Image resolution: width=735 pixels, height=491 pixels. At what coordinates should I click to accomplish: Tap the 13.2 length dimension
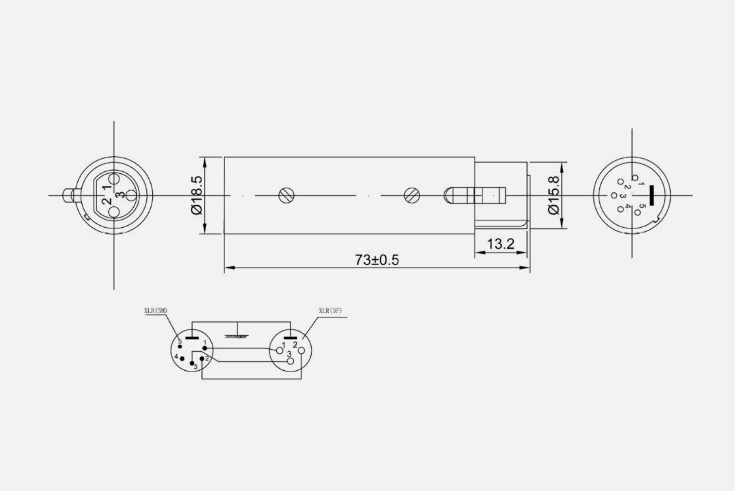(x=500, y=244)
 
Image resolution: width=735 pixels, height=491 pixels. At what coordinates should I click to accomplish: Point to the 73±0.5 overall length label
(x=377, y=260)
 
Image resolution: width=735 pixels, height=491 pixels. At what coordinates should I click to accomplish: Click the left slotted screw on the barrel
(x=286, y=195)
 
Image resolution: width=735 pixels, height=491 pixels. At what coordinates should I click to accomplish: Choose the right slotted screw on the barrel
(x=412, y=195)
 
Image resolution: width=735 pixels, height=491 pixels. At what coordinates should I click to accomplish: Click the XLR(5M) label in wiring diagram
(x=156, y=311)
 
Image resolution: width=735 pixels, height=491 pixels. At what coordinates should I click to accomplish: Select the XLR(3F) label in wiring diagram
(x=330, y=311)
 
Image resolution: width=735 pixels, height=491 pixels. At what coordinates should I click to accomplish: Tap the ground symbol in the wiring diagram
(x=237, y=336)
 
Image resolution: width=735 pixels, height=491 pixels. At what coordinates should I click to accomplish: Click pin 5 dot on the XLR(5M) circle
(x=180, y=347)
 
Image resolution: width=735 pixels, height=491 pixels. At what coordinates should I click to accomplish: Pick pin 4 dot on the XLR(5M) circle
(x=182, y=359)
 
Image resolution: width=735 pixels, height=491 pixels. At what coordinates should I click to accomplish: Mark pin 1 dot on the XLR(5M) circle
(x=205, y=348)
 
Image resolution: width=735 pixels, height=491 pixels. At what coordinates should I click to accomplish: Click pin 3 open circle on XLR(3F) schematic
(x=290, y=361)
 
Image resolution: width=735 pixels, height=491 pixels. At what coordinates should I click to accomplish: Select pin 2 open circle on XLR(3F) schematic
(x=301, y=350)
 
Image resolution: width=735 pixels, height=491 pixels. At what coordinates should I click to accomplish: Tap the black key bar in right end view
(x=652, y=195)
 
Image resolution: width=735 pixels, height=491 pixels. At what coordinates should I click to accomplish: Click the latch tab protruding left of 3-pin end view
(x=67, y=195)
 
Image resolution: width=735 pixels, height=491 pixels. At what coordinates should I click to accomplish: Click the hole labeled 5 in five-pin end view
(x=637, y=212)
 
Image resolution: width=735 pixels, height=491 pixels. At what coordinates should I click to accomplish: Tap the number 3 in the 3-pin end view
(x=120, y=195)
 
